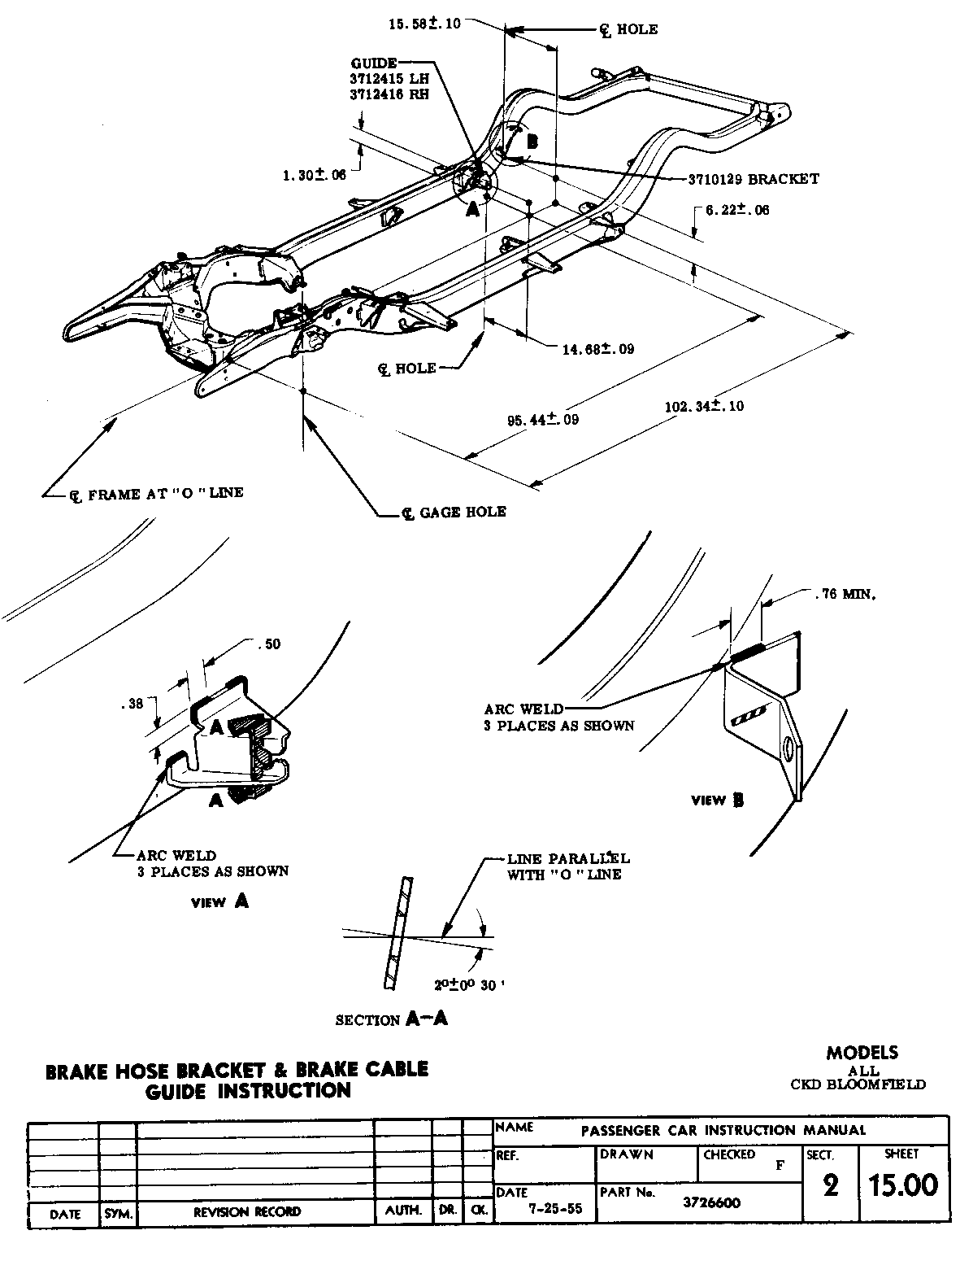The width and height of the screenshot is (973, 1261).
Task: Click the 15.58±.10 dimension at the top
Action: [x=424, y=24]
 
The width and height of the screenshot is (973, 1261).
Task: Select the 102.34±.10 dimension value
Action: [x=704, y=406]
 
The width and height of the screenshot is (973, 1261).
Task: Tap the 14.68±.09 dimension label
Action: [x=598, y=350]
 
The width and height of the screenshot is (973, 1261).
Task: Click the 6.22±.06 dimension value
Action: [x=736, y=210]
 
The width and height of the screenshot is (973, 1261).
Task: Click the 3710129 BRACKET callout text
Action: [x=748, y=179]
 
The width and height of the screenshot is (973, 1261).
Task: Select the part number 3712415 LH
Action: [x=389, y=79]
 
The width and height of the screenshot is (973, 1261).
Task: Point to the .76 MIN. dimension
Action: [x=844, y=595]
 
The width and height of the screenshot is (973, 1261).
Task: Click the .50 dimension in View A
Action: [x=267, y=644]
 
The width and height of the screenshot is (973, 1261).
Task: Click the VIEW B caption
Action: [x=717, y=801]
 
